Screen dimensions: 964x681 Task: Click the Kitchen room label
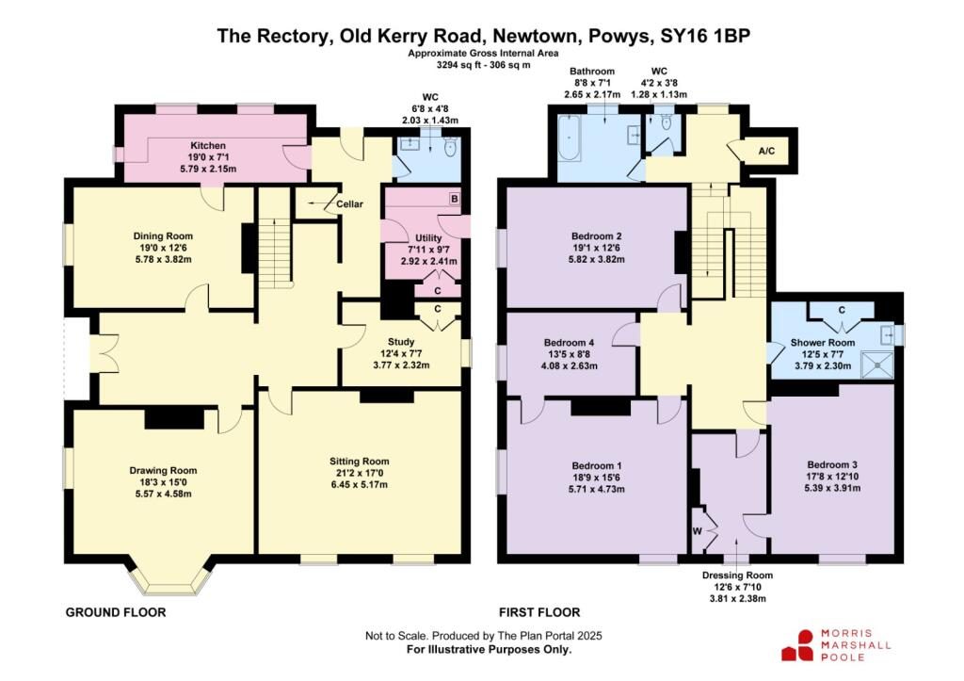[208, 146]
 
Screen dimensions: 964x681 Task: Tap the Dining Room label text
[163, 236]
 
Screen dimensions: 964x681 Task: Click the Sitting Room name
[359, 462]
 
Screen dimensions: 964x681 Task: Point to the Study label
[401, 342]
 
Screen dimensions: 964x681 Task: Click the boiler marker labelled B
[454, 199]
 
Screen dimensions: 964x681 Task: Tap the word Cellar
[349, 204]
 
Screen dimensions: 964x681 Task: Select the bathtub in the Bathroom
[570, 139]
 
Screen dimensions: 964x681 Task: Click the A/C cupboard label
[766, 151]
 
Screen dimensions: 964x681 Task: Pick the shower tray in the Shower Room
[876, 365]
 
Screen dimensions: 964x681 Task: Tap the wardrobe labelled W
[698, 531]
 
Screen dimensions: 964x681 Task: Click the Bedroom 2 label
[596, 236]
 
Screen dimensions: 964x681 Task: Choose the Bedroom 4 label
[569, 343]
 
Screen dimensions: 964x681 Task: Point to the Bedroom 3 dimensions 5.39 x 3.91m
[832, 489]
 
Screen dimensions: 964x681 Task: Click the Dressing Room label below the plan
[737, 576]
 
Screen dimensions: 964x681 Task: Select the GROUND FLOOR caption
[116, 613]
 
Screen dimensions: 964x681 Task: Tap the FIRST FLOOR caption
[539, 613]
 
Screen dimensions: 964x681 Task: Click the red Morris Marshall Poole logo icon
[798, 645]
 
